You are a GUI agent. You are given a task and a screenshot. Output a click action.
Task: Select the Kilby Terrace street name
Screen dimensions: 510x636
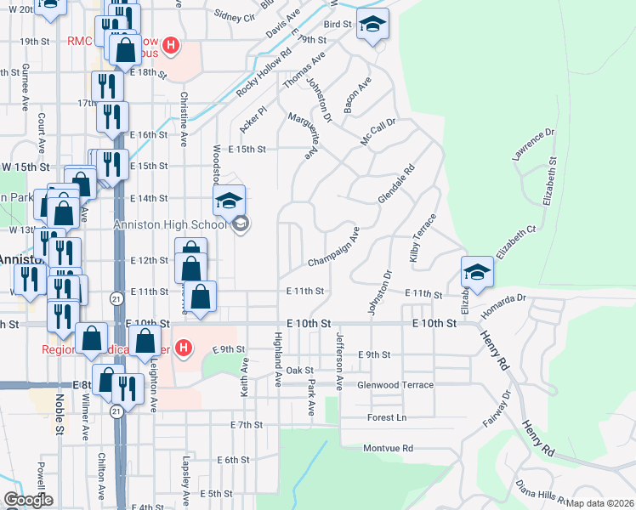click(x=423, y=237)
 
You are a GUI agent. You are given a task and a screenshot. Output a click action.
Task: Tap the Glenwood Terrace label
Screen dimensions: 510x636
click(x=395, y=385)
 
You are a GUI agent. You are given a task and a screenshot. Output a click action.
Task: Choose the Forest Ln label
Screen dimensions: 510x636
click(x=387, y=417)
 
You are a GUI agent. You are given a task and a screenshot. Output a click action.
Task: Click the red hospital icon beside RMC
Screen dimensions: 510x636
click(x=171, y=45)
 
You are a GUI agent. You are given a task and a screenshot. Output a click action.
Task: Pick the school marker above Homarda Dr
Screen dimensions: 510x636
click(x=477, y=272)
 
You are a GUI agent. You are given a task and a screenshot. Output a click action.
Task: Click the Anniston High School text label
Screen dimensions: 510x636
click(x=171, y=224)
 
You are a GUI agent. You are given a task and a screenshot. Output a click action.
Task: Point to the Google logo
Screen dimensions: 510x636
click(x=28, y=500)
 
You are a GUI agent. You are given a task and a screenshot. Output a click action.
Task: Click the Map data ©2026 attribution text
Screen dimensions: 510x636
click(x=600, y=503)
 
